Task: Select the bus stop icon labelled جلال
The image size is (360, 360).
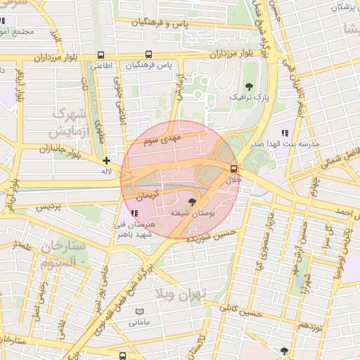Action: point(233,169)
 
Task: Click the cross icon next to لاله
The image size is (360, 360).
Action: point(107,160)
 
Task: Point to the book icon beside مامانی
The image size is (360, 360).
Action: point(139,311)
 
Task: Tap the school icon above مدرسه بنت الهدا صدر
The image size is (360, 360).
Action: point(285,133)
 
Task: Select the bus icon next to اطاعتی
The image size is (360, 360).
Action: point(101,55)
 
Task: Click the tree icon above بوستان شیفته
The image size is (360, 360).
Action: point(193,201)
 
